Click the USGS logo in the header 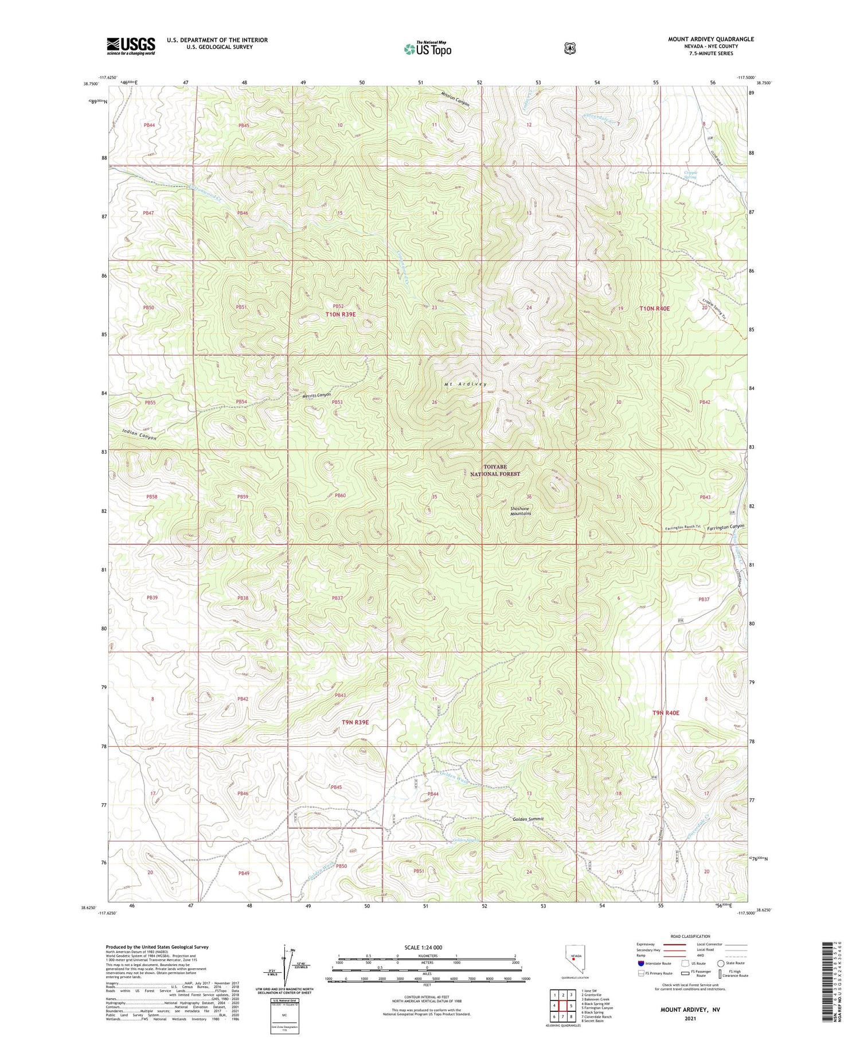131,46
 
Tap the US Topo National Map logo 428,49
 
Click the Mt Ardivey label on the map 465,384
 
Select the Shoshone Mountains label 521,511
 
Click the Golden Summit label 527,819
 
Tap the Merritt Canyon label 317,395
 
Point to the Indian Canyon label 139,435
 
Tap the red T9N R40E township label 666,713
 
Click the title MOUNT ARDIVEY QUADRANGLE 710,39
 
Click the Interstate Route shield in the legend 640,964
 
